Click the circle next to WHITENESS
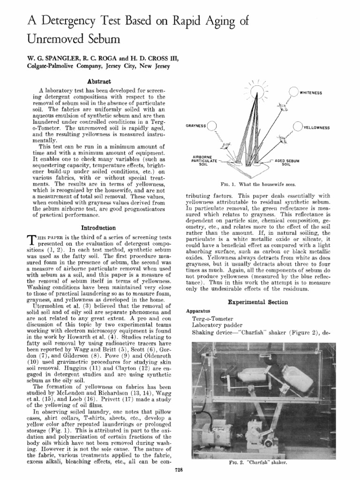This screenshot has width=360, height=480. (293, 92)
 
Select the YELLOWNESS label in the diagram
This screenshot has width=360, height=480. (317, 127)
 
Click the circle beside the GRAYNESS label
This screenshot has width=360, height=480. (212, 126)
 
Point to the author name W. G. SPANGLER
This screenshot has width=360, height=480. (40, 58)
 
